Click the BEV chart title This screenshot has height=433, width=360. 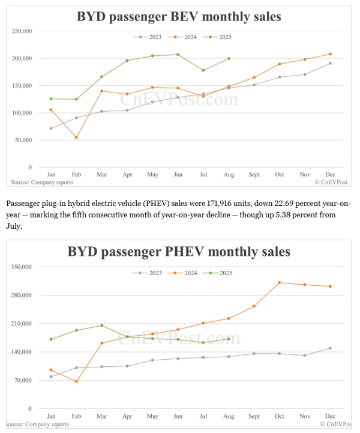178,16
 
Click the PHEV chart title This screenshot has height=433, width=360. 178,250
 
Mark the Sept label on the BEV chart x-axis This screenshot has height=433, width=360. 254,175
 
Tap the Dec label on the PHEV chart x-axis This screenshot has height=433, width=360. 329,416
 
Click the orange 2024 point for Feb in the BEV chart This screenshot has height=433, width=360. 76,138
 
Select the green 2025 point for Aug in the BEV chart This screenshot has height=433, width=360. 229,58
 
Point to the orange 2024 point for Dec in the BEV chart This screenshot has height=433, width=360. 330,54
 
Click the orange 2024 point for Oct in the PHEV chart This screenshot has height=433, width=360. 279,282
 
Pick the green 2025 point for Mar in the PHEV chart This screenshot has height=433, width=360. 102,326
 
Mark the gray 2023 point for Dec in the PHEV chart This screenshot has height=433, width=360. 330,348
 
